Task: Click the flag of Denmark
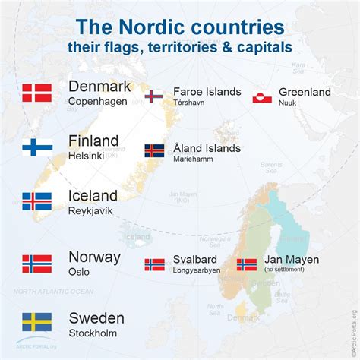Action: click(36, 93)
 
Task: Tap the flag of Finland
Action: click(36, 147)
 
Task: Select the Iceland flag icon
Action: click(36, 201)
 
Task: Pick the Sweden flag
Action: click(36, 321)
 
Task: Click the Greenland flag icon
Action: click(263, 96)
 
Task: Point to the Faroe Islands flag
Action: click(154, 96)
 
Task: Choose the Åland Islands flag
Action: click(154, 150)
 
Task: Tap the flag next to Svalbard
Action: click(154, 265)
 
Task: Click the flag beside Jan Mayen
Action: click(247, 265)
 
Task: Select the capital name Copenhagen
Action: click(97, 101)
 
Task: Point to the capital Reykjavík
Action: click(90, 210)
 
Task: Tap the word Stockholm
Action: click(92, 332)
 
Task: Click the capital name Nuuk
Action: click(288, 103)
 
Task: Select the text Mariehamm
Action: click(193, 159)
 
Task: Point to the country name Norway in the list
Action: click(94, 257)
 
